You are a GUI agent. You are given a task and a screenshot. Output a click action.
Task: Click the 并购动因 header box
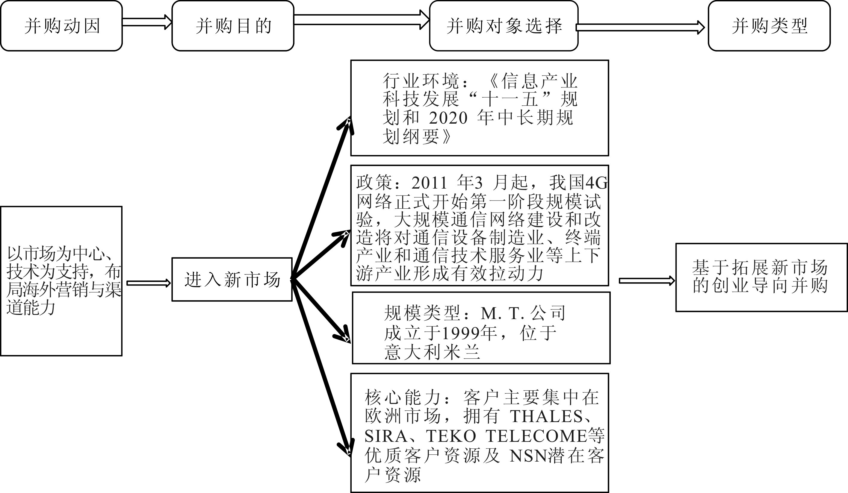point(61,26)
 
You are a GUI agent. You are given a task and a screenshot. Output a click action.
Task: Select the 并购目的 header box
point(233,26)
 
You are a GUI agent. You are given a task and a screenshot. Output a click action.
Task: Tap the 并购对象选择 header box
point(504,26)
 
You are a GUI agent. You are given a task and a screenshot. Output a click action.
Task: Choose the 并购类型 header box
point(769,26)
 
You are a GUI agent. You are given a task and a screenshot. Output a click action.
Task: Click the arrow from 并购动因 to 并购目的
point(147,22)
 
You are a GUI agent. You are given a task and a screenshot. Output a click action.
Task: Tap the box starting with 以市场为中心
point(61,281)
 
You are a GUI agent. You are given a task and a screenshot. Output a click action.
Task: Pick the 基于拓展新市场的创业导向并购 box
point(761,277)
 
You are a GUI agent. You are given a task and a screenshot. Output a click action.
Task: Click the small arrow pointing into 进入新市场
point(148,283)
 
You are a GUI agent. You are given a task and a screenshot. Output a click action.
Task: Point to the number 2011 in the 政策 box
point(429,183)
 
